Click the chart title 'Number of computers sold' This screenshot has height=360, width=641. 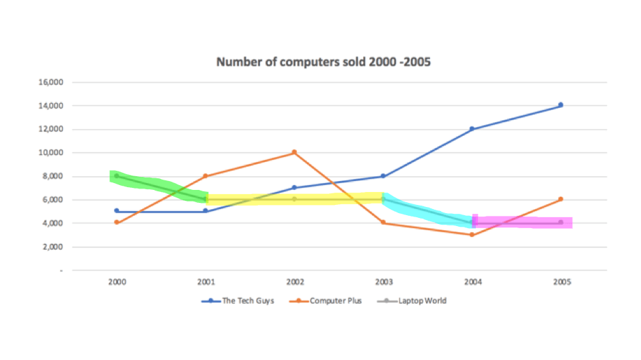[x=324, y=62]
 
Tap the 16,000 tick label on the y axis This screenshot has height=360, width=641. [x=51, y=83]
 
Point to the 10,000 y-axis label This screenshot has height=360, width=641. [x=51, y=153]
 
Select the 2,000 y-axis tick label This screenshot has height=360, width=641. [x=53, y=247]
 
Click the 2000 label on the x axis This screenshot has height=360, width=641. [x=117, y=281]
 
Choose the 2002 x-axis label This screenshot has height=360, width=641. [x=294, y=281]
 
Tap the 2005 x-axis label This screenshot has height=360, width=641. [x=560, y=281]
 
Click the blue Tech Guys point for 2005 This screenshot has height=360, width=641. [x=560, y=105]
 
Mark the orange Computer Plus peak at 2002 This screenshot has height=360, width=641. [x=294, y=152]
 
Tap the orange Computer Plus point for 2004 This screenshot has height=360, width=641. [x=472, y=235]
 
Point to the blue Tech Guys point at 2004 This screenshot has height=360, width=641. [x=472, y=128]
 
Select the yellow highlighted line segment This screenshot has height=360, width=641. [x=294, y=199]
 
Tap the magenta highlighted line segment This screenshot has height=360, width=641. [x=522, y=223]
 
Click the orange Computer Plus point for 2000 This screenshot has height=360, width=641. [x=117, y=223]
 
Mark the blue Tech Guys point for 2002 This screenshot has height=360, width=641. [x=294, y=187]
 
